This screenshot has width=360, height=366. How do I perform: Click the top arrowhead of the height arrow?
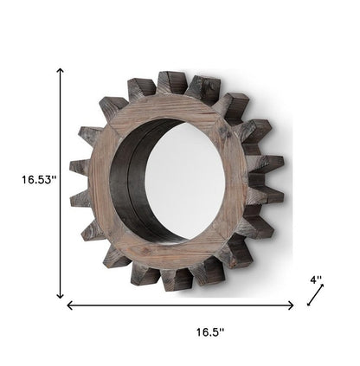pyautogui.click(x=61, y=72)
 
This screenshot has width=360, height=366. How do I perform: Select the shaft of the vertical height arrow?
pyautogui.click(x=61, y=216)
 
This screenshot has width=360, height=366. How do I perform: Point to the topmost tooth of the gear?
pyautogui.click(x=170, y=83)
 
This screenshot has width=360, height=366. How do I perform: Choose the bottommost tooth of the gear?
pyautogui.click(x=177, y=279)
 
